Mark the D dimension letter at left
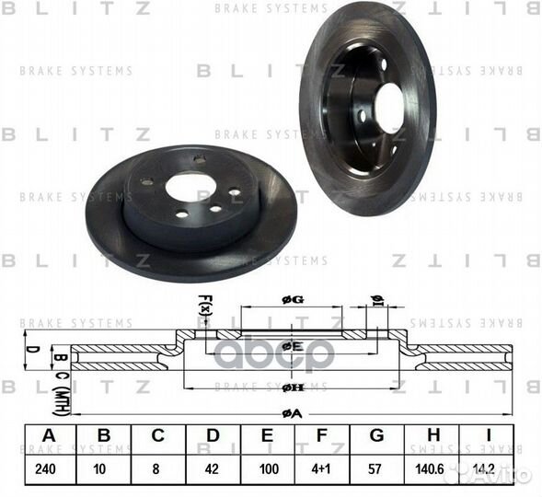tap(30, 349)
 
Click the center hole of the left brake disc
tap(190, 187)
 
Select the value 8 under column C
tap(158, 468)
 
